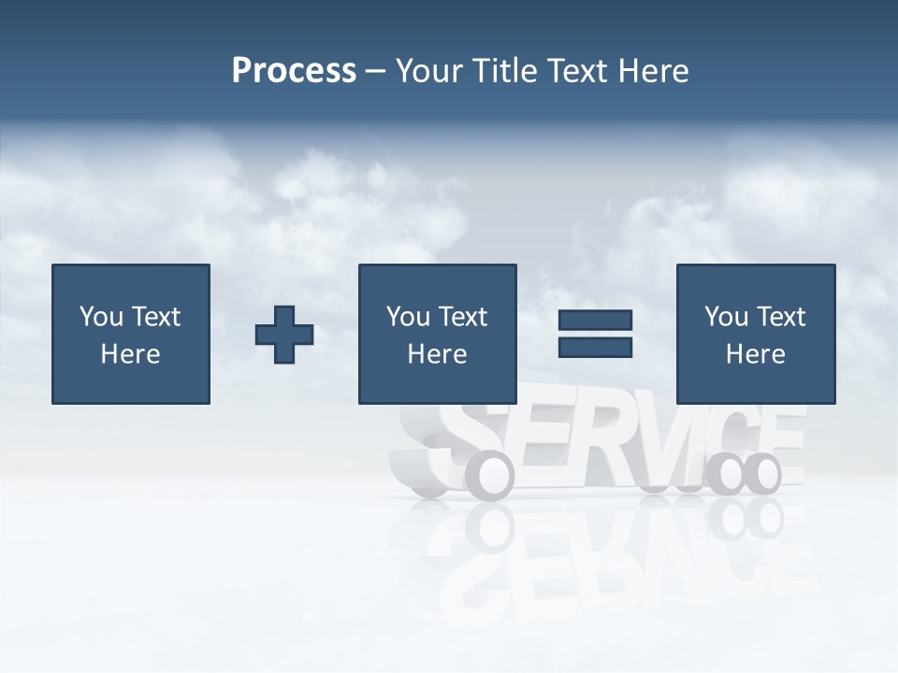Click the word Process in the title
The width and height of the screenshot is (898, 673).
pos(294,71)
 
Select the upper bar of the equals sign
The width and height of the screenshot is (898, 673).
pos(595,321)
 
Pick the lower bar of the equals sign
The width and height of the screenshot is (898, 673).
pos(595,348)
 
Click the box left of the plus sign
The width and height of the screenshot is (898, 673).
pos(131,334)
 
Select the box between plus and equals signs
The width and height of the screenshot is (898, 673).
pos(437,334)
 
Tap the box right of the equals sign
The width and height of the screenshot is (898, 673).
pos(756,334)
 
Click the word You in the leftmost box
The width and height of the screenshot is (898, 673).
pos(101,317)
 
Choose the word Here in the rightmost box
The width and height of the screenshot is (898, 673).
pos(755,354)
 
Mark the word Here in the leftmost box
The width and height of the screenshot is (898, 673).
pos(130,354)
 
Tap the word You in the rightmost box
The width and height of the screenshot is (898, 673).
pos(726,317)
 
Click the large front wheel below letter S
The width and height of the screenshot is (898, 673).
pos(490,475)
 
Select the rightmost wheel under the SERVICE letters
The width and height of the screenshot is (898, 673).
pos(762,474)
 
